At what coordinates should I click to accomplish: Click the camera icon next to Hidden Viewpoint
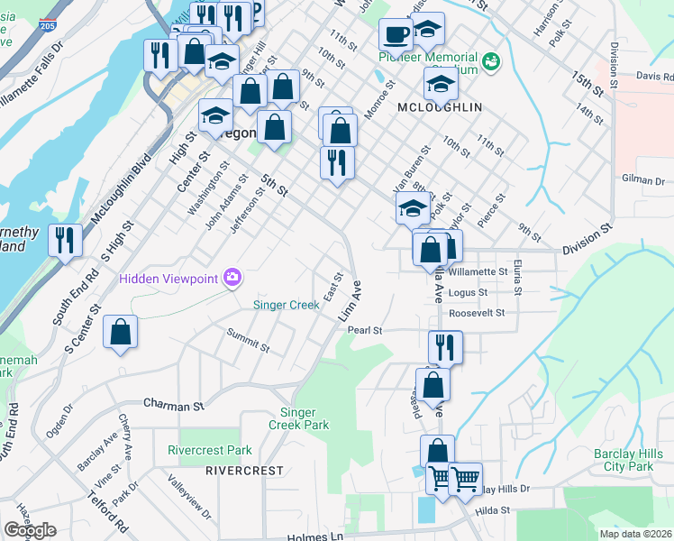coord(232,277)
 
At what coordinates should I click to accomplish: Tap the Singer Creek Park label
coord(298,418)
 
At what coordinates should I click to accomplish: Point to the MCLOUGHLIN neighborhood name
coord(440,107)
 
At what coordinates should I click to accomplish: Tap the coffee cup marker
coord(396,35)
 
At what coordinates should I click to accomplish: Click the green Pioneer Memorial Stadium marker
coord(491,61)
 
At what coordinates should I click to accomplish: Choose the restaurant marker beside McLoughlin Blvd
coord(65,240)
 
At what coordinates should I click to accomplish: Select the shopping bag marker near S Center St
coord(120,333)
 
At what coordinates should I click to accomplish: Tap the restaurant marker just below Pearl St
coord(444,346)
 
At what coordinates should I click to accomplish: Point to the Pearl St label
coord(366,330)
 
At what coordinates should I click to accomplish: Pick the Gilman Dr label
coord(643,180)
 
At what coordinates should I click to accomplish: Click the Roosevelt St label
coord(478,313)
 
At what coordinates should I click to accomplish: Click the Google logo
coord(30,530)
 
